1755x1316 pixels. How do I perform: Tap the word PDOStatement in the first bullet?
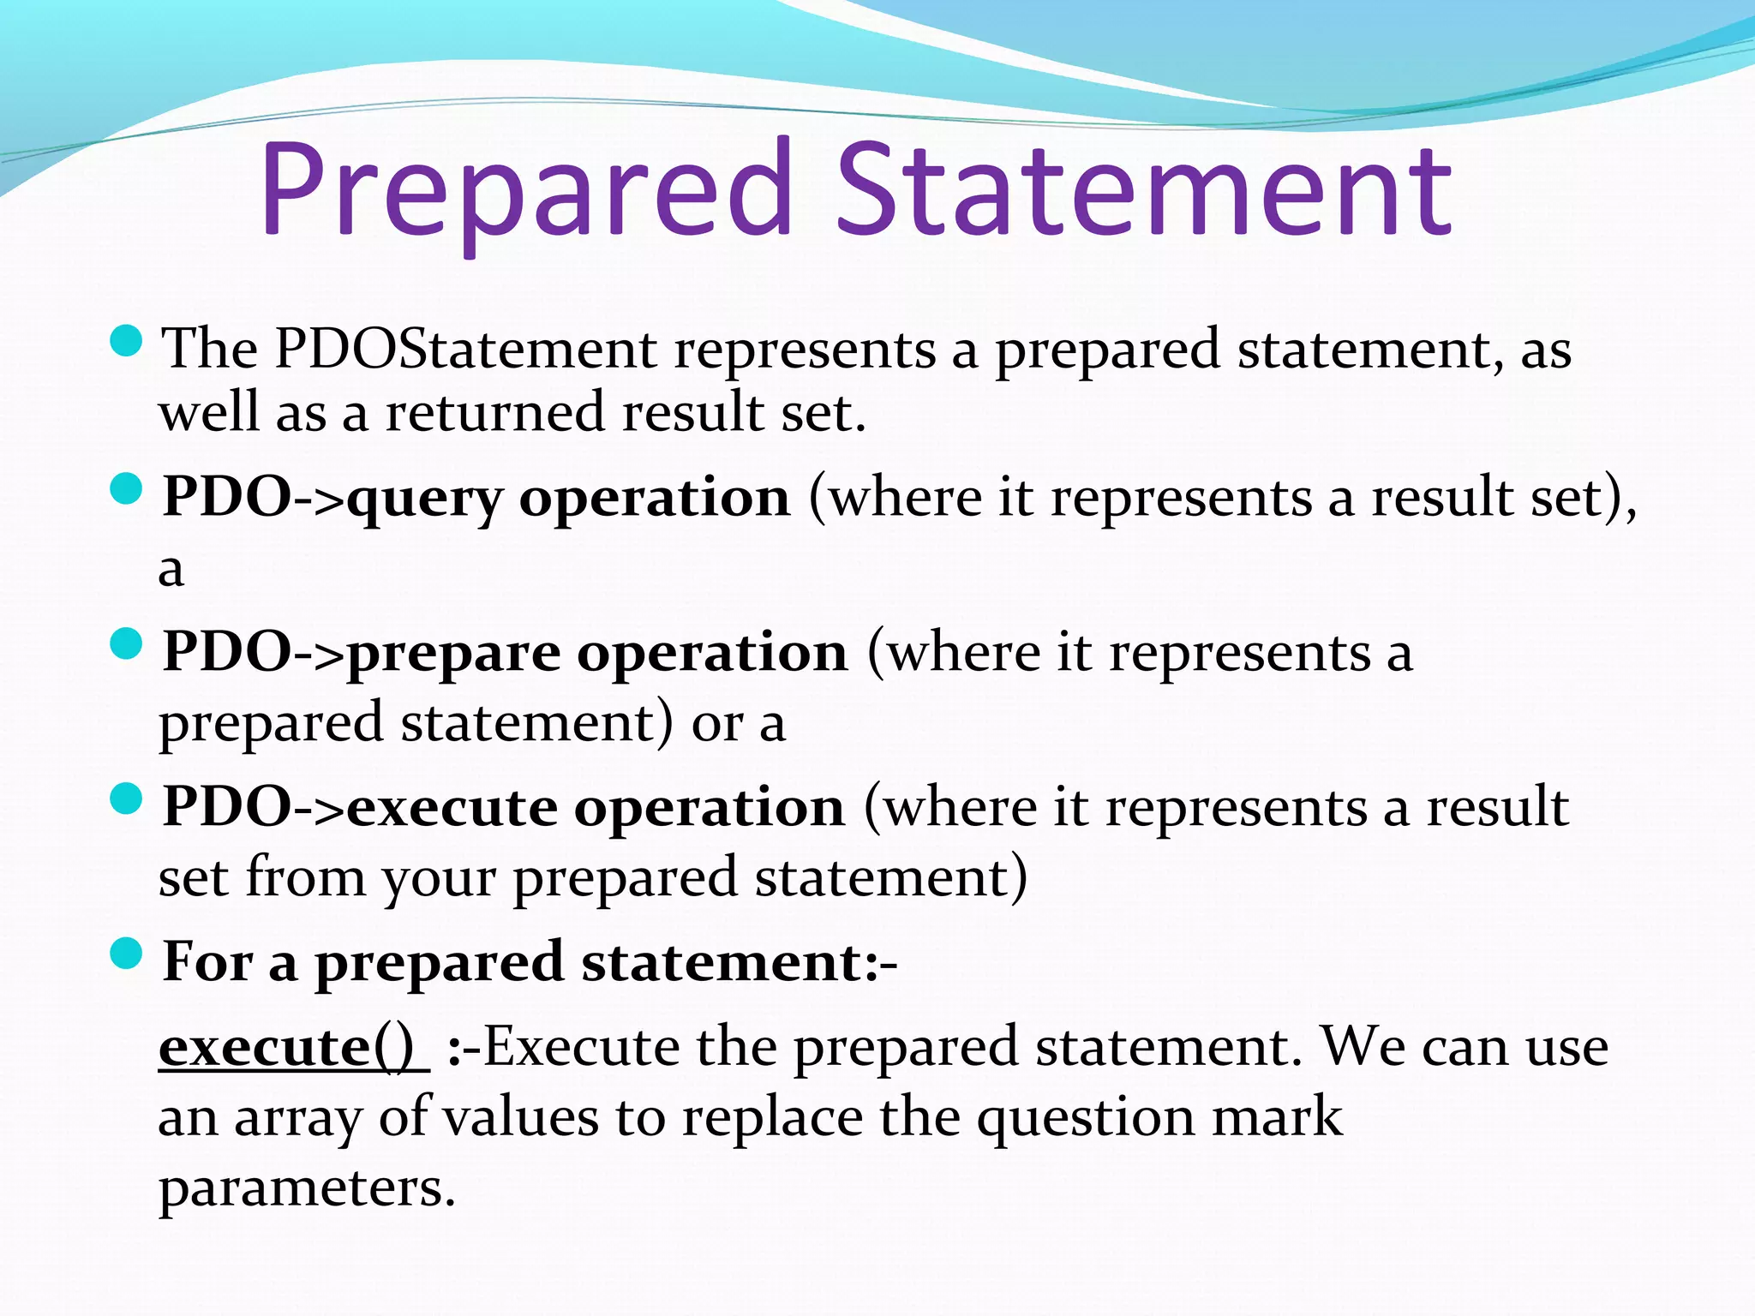pyautogui.click(x=465, y=349)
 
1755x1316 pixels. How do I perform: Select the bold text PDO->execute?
pyautogui.click(x=360, y=807)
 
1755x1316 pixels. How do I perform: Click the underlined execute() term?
pyautogui.click(x=287, y=1047)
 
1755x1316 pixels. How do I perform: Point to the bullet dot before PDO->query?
pyautogui.click(x=127, y=490)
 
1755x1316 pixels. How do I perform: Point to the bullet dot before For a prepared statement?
pyautogui.click(x=127, y=953)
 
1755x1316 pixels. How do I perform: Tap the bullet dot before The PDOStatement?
pyautogui.click(x=127, y=342)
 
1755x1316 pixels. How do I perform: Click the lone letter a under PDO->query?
pyautogui.click(x=171, y=570)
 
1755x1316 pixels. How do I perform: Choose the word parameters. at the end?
pyautogui.click(x=307, y=1188)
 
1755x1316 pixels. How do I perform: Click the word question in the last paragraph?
pyautogui.click(x=1084, y=1118)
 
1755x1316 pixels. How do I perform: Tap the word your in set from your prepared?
pyautogui.click(x=439, y=879)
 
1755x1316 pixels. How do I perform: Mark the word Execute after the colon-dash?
pyautogui.click(x=582, y=1047)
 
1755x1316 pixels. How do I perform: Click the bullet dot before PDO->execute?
pyautogui.click(x=127, y=799)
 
